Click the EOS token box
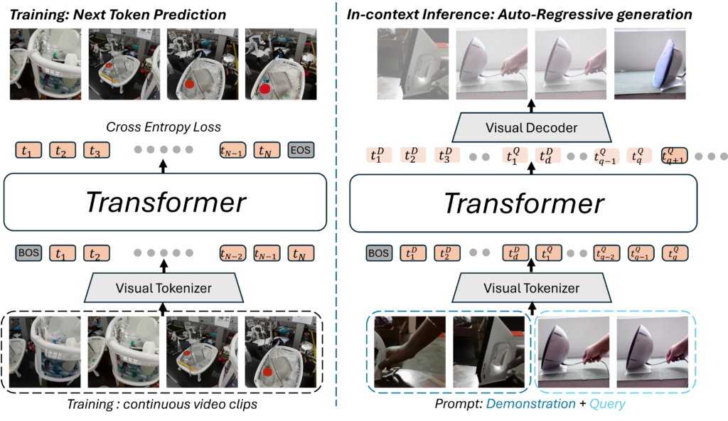[301, 150]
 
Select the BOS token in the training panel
[28, 252]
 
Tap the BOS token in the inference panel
[378, 253]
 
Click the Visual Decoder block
[531, 127]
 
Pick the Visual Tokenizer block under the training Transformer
[164, 287]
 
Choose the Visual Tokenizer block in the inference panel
[531, 287]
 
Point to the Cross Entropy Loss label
[164, 127]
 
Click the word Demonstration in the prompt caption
[530, 404]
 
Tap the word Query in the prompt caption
[607, 404]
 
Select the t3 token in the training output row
[97, 150]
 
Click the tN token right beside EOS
[267, 150]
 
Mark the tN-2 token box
[232, 253]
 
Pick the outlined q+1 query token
[674, 155]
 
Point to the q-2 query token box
[606, 253]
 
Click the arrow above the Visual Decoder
[531, 106]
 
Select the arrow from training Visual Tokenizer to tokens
[164, 266]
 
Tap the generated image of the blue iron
[650, 64]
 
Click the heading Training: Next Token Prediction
[118, 14]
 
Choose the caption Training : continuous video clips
[162, 404]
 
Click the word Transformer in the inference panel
[524, 203]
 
